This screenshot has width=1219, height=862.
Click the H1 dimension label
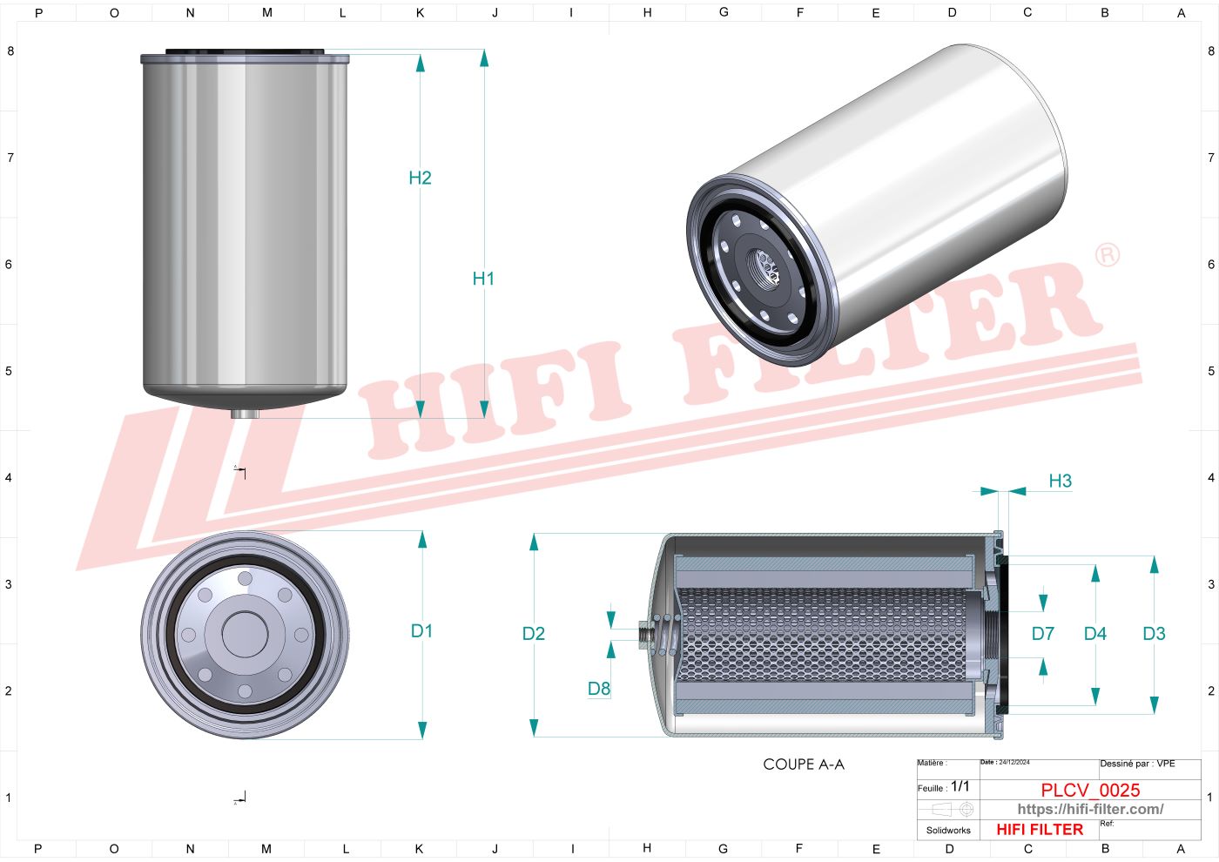483,279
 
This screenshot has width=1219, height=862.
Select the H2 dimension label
420,178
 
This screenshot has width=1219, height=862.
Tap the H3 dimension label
1060,481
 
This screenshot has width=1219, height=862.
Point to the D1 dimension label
421,631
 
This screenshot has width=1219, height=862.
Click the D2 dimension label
533,634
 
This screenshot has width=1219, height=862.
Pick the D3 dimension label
1154,634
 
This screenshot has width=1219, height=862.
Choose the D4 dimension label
1094,634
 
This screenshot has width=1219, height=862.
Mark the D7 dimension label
1042,634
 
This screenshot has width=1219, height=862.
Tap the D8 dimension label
599,689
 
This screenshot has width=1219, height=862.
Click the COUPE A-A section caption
803,764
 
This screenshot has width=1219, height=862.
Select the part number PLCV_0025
1090,790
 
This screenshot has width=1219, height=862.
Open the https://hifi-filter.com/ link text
1090,809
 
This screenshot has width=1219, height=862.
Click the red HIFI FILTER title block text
1040,830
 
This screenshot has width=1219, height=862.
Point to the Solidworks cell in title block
948,831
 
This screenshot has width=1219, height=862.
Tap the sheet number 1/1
960,786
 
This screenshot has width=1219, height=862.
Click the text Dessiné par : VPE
1137,764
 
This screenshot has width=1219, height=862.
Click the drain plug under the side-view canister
245,414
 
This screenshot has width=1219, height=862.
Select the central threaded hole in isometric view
767,266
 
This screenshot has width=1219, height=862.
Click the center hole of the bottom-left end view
245,634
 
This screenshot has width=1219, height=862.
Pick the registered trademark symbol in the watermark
1107,254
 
